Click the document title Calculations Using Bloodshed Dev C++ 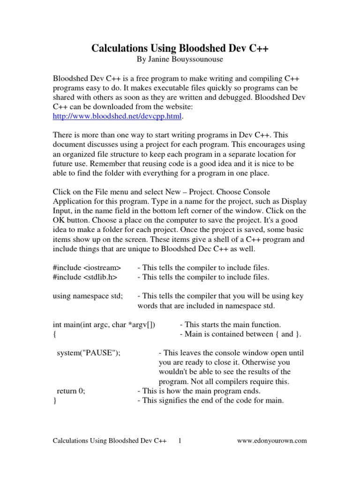[x=180, y=48]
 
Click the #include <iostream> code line [x=87, y=268]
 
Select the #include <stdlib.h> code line [x=85, y=277]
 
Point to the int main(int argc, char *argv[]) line [x=104, y=324]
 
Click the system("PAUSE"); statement [x=89, y=353]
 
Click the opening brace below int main [x=55, y=334]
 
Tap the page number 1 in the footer [x=180, y=440]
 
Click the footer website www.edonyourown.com [x=272, y=440]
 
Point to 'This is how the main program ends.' [x=199, y=391]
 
